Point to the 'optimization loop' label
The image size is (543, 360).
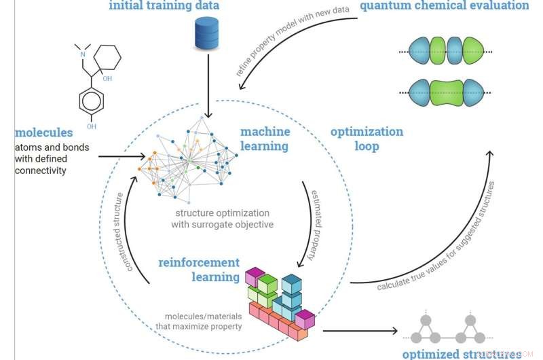pos(367,139)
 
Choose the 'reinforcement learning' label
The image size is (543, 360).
pos(199,270)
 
